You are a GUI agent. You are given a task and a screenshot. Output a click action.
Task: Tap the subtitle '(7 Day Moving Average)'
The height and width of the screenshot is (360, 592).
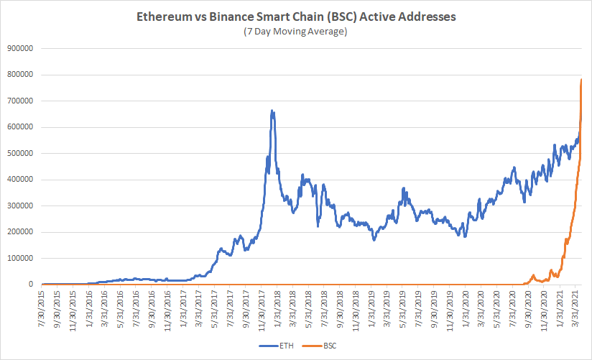[296, 32]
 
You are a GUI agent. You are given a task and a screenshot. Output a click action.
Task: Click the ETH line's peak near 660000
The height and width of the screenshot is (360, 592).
[272, 111]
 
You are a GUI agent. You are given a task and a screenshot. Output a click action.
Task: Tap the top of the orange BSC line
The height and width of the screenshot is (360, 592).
[581, 80]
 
